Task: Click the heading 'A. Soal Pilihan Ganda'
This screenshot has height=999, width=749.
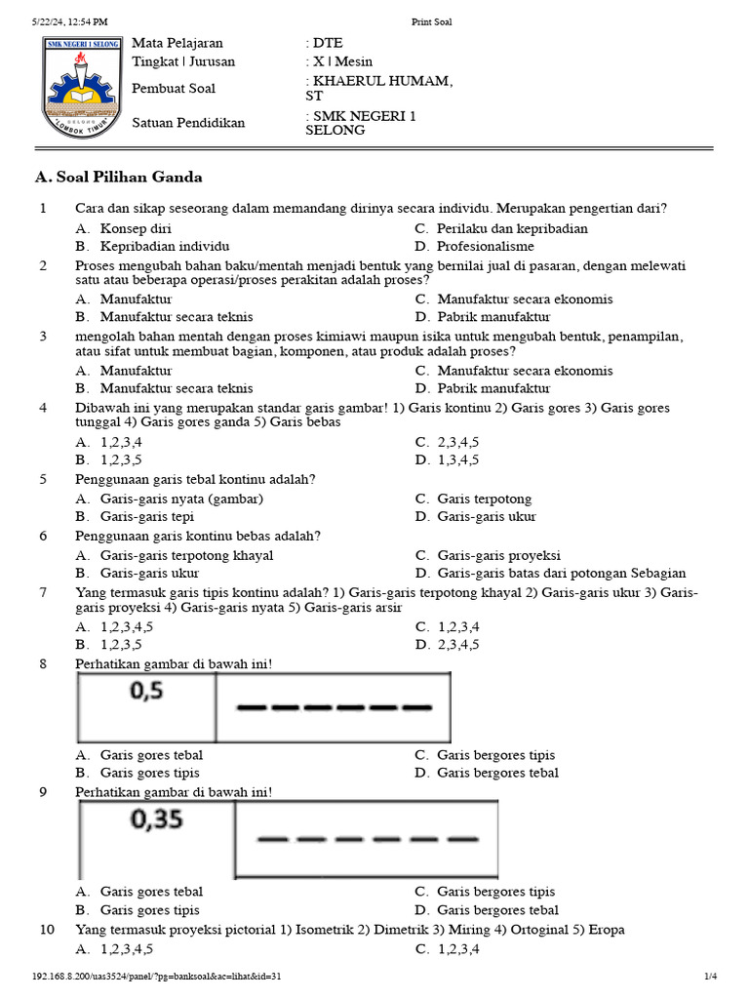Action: (119, 178)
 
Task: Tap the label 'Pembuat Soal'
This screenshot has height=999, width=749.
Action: (174, 89)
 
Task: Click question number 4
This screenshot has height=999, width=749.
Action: (43, 407)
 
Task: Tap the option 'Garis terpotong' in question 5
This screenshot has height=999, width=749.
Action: (484, 499)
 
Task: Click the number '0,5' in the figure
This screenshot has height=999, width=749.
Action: (144, 692)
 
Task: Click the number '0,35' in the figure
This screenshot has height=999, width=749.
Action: (156, 819)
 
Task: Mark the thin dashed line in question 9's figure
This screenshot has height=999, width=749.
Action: (367, 838)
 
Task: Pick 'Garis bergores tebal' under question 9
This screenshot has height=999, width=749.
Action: (497, 909)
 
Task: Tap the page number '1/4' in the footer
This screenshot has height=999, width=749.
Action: (710, 976)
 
